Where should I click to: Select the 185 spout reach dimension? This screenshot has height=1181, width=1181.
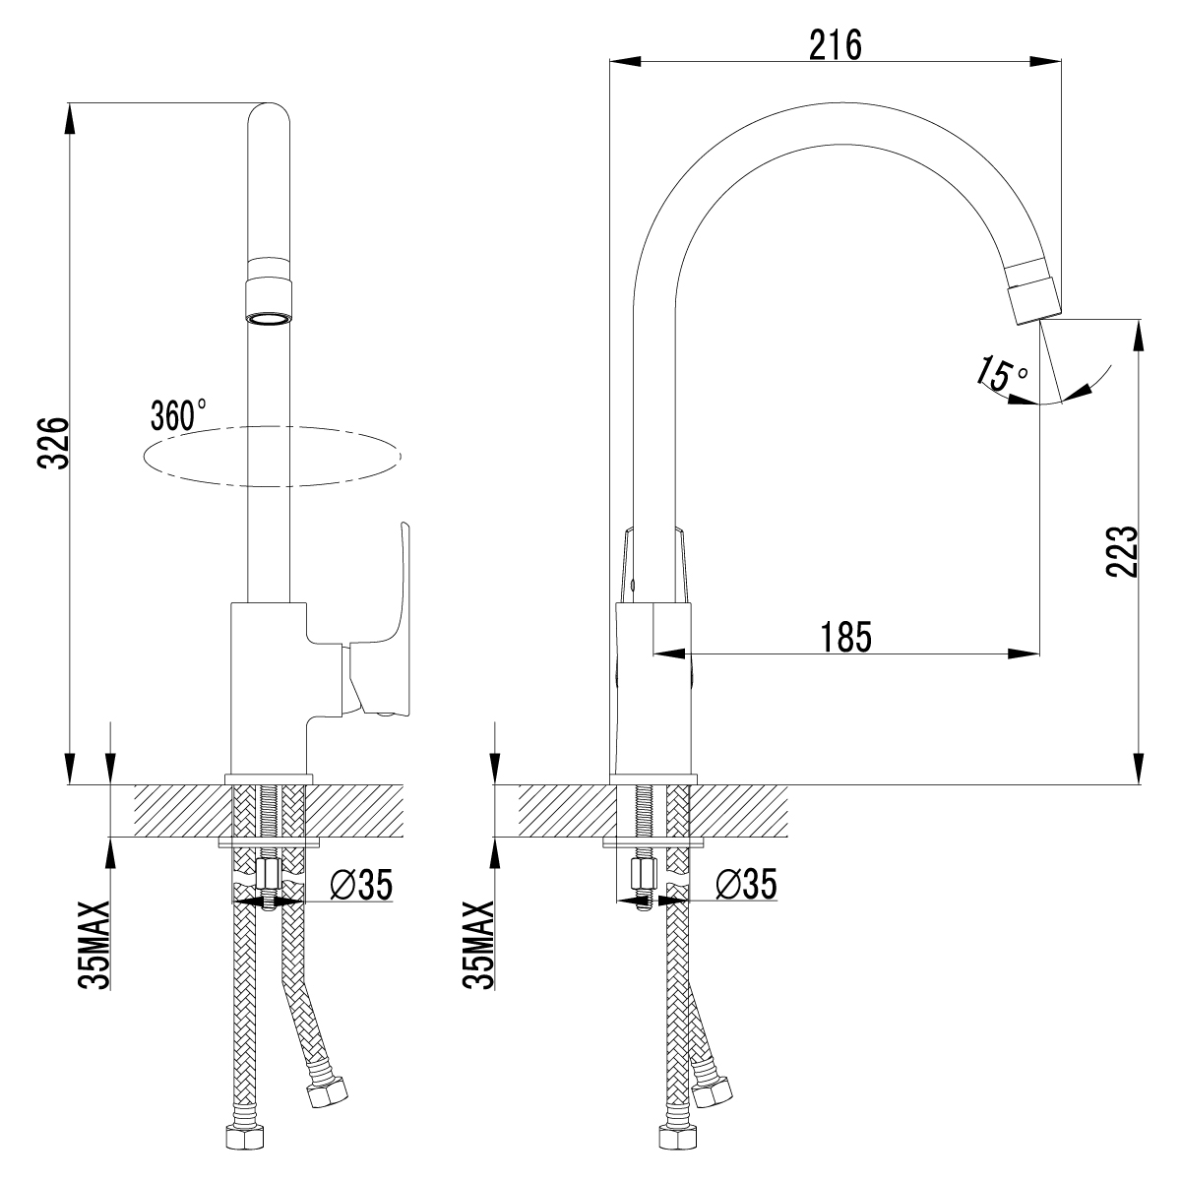pyautogui.click(x=845, y=638)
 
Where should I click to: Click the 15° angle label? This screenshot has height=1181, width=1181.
pyautogui.click(x=1001, y=376)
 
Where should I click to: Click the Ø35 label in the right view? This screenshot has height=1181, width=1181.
pyautogui.click(x=745, y=885)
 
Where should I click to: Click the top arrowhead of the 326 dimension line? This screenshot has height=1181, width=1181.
pyautogui.click(x=70, y=118)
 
